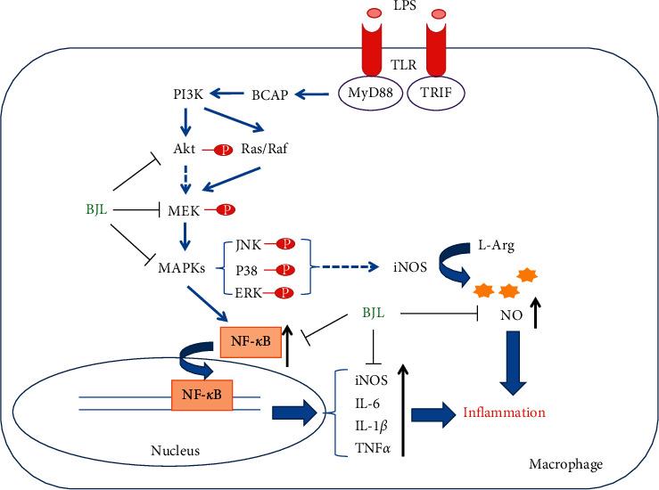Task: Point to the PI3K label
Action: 191,94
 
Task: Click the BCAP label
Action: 270,94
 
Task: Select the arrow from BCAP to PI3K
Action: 229,94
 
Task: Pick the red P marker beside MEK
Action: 226,210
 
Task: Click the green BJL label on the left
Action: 92,210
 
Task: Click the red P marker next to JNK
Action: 286,243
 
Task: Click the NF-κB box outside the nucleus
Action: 253,340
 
